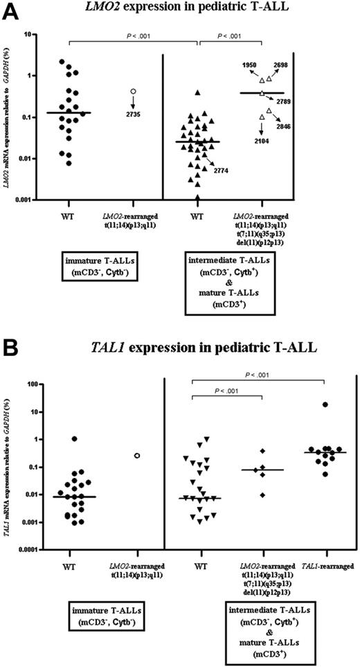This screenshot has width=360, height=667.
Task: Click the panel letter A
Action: pos(12,10)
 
